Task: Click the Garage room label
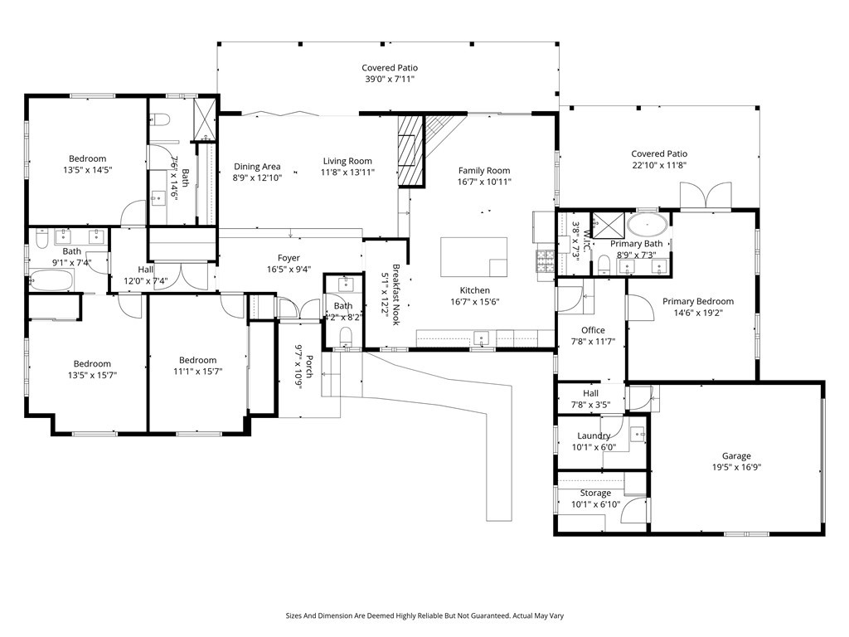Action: (x=736, y=456)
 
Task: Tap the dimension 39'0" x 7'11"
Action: (x=390, y=79)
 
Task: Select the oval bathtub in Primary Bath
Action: (x=647, y=224)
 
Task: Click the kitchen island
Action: (x=473, y=257)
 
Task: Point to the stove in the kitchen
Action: (x=546, y=260)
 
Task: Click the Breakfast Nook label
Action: (x=395, y=294)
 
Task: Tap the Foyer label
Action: (x=289, y=258)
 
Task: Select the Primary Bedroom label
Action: (x=698, y=301)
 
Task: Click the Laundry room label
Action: (x=594, y=435)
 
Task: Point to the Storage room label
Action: (x=595, y=493)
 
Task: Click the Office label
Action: (x=593, y=330)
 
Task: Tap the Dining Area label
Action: (x=257, y=166)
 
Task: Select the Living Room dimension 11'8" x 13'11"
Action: (x=347, y=173)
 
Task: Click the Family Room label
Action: (x=484, y=170)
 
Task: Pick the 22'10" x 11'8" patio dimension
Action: (x=659, y=165)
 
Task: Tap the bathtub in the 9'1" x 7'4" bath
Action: (x=51, y=280)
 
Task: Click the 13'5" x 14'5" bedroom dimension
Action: (x=87, y=169)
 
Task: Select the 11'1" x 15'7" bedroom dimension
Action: (x=197, y=371)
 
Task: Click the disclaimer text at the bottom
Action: (x=424, y=615)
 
